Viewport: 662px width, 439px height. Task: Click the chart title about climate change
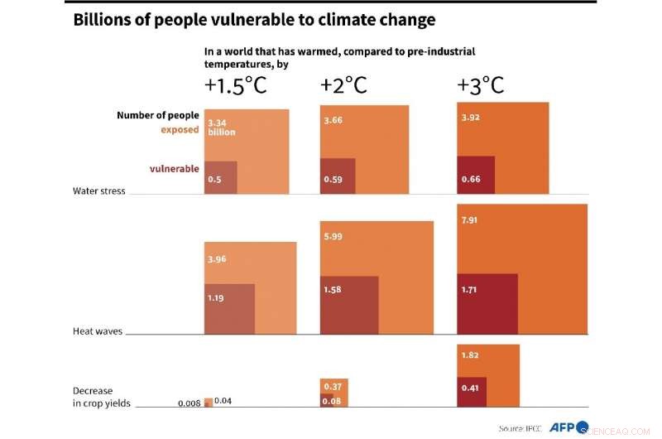coord(254,21)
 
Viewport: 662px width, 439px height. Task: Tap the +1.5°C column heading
coord(235,86)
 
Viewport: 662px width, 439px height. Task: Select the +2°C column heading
coord(343,86)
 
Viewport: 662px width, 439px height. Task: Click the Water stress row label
coord(99,191)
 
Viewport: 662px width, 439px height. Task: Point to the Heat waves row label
coord(98,331)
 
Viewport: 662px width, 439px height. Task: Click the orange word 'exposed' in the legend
coord(180,130)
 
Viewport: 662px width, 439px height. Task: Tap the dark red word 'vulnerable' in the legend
coord(174,169)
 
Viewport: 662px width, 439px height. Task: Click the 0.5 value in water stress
coord(214,180)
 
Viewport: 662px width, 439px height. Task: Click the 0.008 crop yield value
coord(189,403)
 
